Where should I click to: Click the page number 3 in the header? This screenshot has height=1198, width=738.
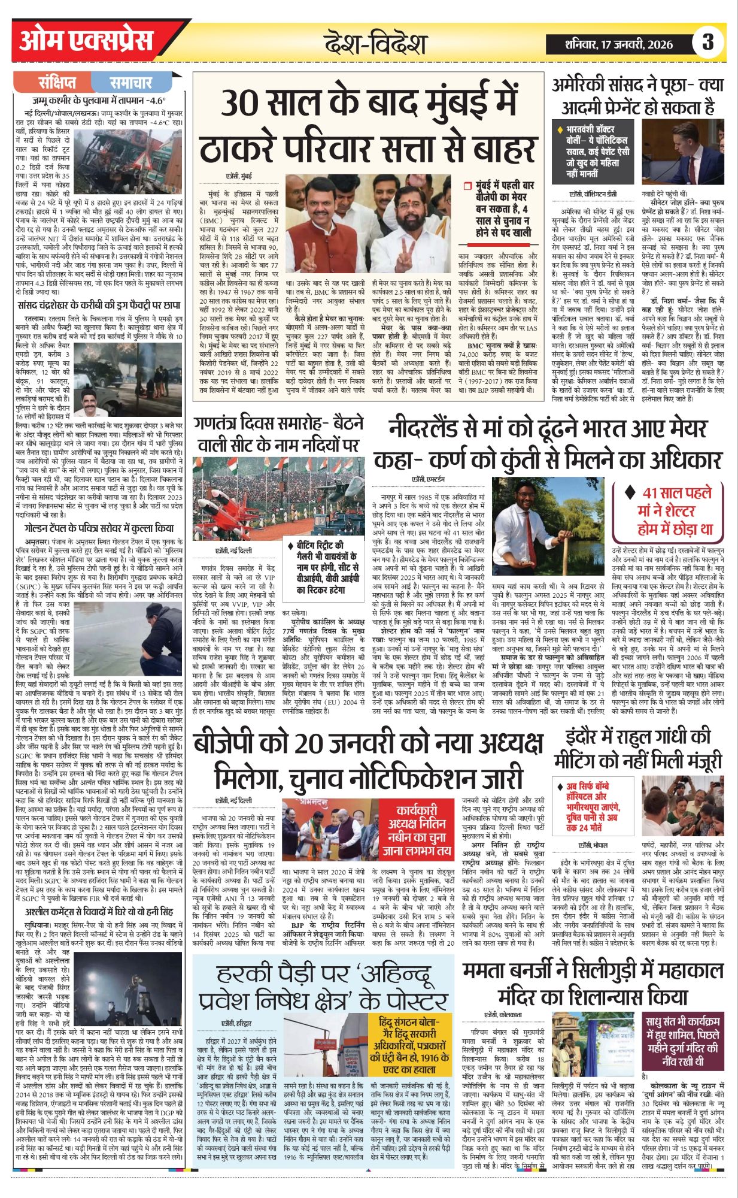click(x=708, y=42)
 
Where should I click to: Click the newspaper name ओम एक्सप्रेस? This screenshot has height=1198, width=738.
click(x=86, y=41)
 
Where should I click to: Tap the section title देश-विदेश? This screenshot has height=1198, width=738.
click(x=375, y=44)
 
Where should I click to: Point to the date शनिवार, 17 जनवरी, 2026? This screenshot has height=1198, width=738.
click(x=619, y=44)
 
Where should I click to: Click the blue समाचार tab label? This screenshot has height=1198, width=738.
click(x=131, y=82)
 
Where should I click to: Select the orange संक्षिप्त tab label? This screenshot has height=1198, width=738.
click(x=57, y=82)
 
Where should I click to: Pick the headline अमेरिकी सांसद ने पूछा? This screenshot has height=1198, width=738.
click(x=637, y=96)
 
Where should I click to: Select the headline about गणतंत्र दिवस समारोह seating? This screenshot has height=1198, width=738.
click(x=279, y=434)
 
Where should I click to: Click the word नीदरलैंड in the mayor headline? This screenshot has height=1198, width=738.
click(x=437, y=429)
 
